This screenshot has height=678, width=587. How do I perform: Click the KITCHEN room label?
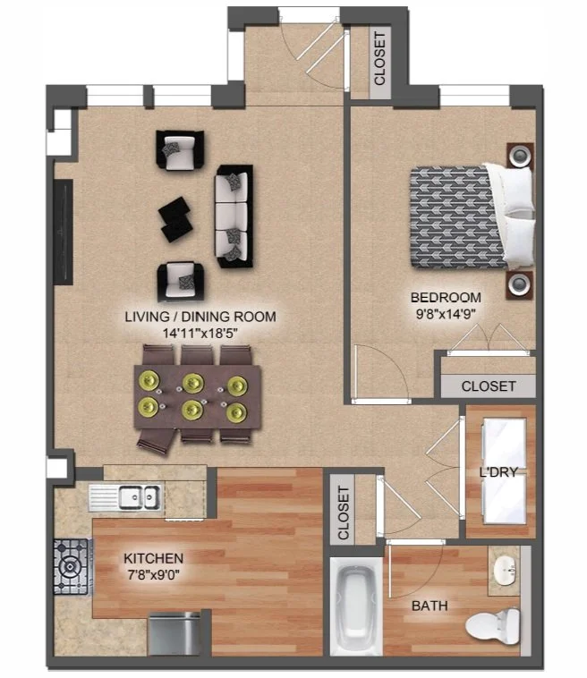click(x=154, y=558)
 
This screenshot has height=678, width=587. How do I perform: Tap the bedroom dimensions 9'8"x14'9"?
click(x=446, y=314)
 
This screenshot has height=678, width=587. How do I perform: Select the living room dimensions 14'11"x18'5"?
click(x=200, y=333)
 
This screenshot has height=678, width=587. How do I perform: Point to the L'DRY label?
click(x=498, y=471)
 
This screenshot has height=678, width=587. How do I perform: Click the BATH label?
click(x=430, y=606)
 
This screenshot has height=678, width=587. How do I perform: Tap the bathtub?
click(x=356, y=606)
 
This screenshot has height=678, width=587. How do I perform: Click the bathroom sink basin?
click(x=505, y=570)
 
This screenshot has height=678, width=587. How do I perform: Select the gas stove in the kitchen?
click(x=72, y=566)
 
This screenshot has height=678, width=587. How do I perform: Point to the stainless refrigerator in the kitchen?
click(x=174, y=634)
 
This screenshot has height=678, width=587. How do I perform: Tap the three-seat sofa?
click(x=234, y=216)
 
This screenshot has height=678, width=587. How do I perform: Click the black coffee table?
click(x=175, y=219)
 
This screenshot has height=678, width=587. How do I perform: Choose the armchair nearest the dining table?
click(x=181, y=281)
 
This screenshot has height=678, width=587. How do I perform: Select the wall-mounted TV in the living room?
click(x=64, y=232)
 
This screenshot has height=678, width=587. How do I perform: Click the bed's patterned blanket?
click(x=456, y=217)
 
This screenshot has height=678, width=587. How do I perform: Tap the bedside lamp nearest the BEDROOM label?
click(x=519, y=284)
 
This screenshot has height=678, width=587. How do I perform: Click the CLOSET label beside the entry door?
click(x=379, y=59)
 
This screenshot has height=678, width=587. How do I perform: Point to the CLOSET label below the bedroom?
click(x=489, y=386)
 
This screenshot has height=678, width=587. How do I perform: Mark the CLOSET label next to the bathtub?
click(x=343, y=513)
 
